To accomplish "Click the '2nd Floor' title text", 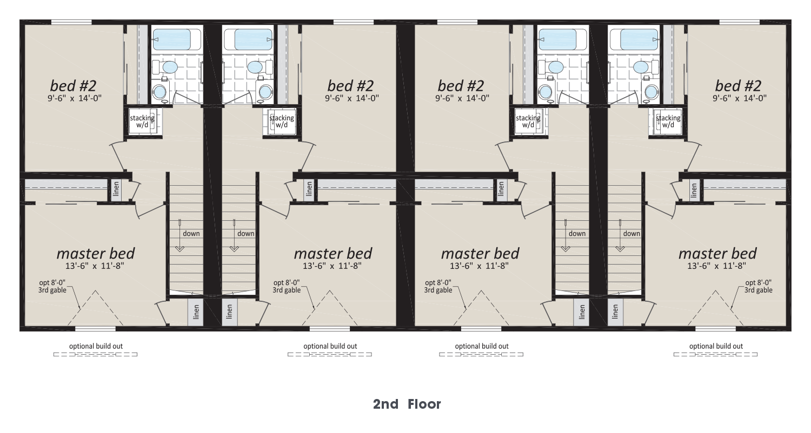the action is coord(407,404).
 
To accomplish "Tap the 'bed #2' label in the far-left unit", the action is coord(73,86).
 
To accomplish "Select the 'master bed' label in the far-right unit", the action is coord(717,253).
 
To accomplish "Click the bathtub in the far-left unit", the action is coord(176,39).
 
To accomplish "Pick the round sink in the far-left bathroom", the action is coord(159,92).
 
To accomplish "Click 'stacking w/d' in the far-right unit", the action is coord(668,121).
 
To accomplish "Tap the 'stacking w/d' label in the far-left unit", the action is coord(142,121).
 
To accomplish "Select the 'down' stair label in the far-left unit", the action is coord(191,233).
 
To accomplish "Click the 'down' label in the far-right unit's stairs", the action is coord(631,233).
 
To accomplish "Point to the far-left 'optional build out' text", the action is coord(96,346).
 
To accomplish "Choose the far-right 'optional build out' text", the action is coord(716,346).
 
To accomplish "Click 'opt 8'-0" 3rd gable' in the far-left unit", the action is coord(52,286).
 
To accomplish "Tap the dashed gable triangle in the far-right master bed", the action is coord(715,308).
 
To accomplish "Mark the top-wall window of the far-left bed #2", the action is coord(71,23).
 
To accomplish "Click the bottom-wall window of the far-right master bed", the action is coord(715,329).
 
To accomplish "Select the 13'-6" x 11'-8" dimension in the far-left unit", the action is coord(95,266).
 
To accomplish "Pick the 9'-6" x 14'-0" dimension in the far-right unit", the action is coord(739,98).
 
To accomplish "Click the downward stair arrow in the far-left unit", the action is coord(180,235).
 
